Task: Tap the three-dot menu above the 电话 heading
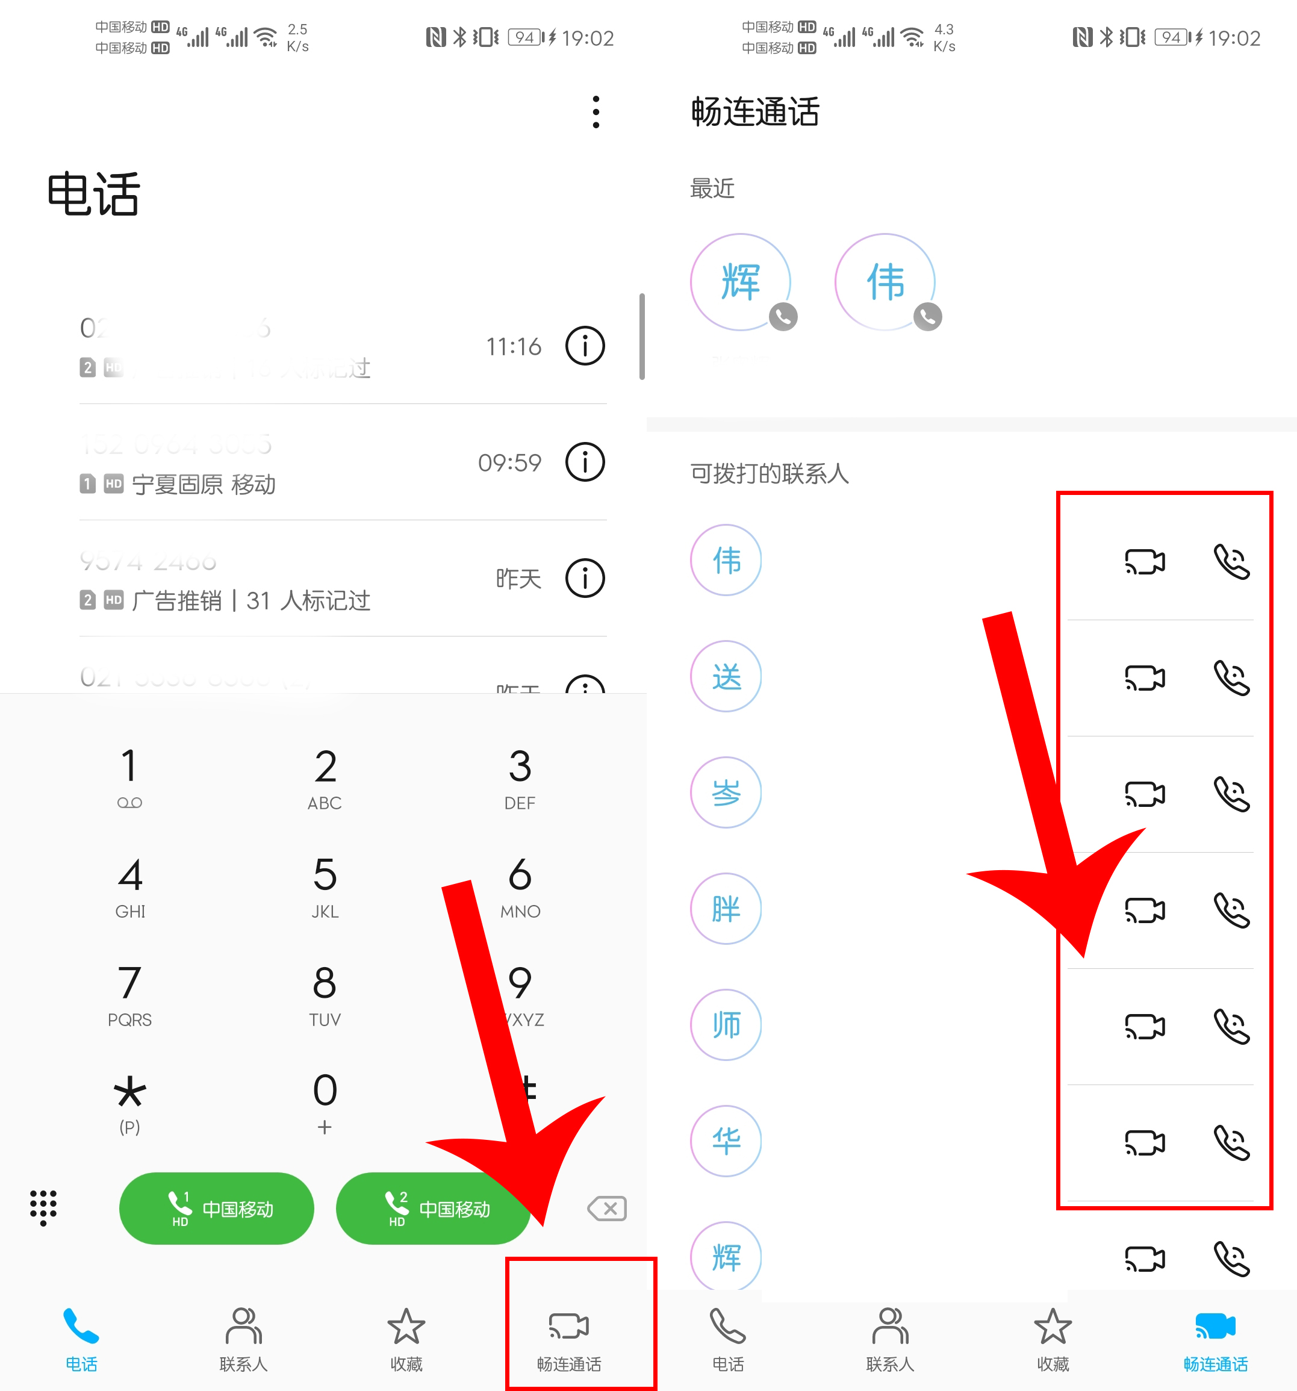click(596, 112)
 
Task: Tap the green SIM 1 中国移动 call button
click(216, 1209)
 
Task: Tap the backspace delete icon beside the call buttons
click(607, 1209)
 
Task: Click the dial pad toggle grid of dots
click(43, 1207)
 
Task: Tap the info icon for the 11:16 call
click(585, 346)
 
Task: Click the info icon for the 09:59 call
click(585, 462)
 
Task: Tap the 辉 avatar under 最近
click(740, 282)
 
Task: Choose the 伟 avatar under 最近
click(885, 282)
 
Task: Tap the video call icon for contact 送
click(1145, 677)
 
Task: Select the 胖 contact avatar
click(726, 909)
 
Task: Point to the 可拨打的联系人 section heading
click(770, 474)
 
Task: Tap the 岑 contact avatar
click(726, 793)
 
